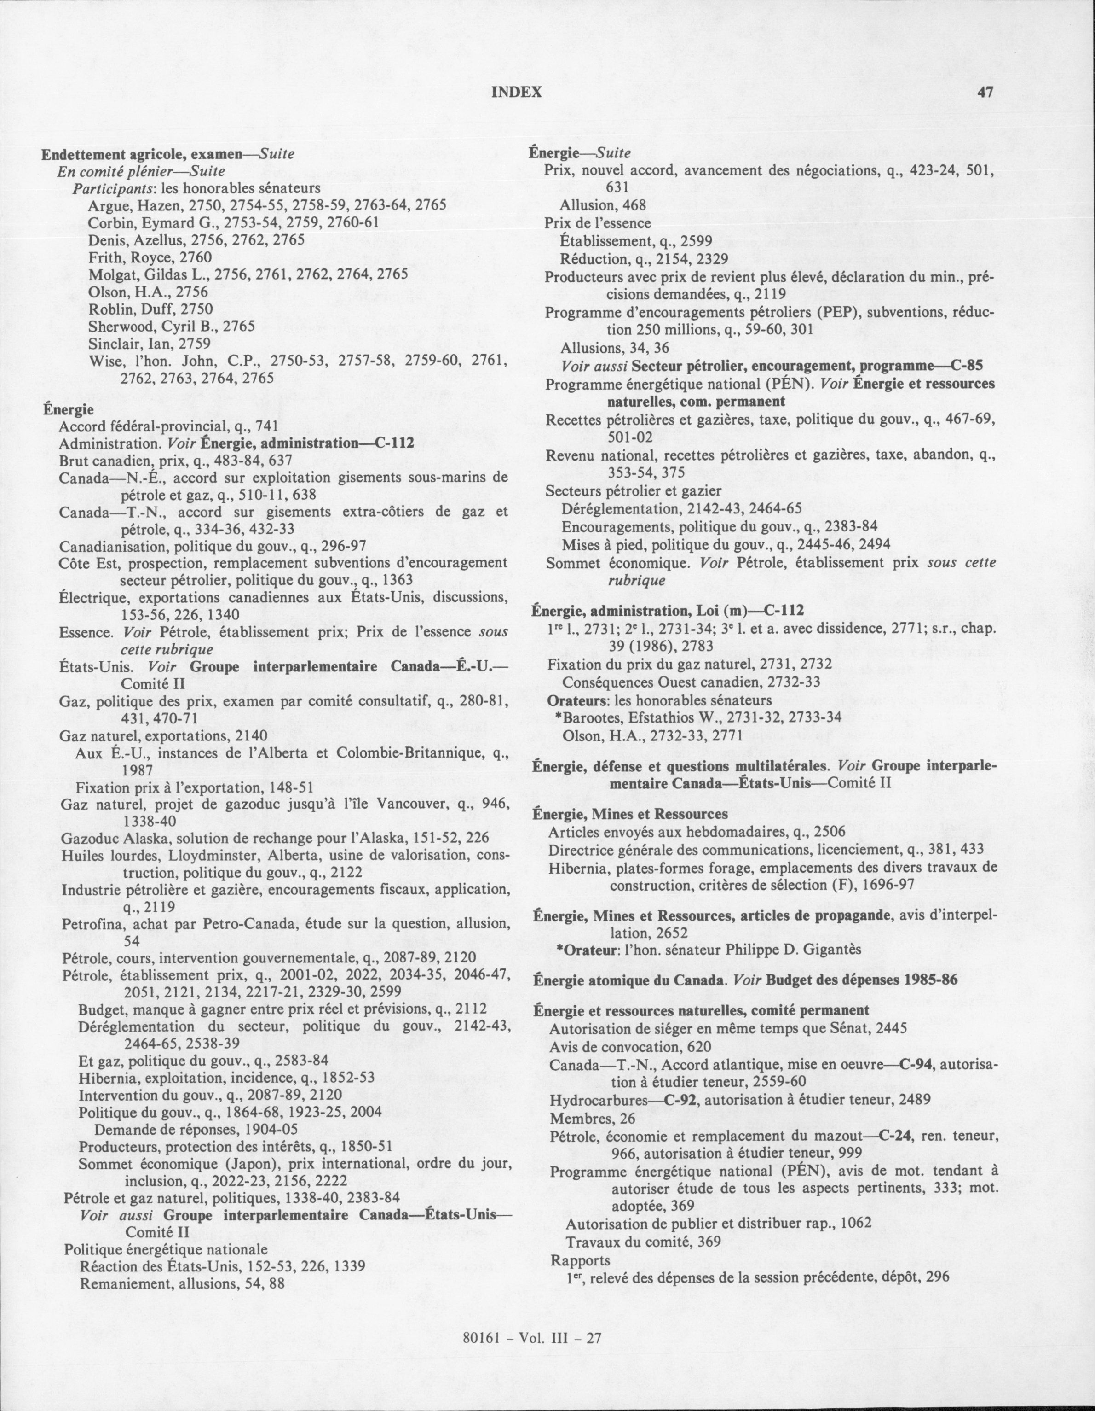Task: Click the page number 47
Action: [x=985, y=93]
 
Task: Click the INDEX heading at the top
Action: [x=517, y=93]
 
